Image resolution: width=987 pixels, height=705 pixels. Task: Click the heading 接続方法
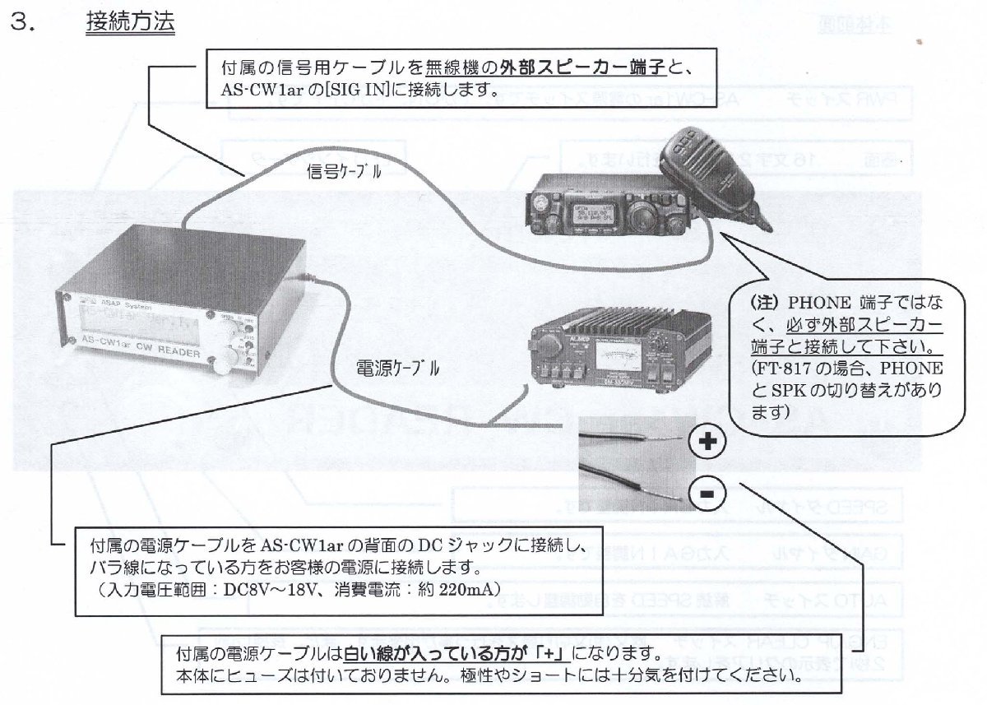click(130, 22)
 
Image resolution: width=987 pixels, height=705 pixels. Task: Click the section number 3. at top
click(22, 23)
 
